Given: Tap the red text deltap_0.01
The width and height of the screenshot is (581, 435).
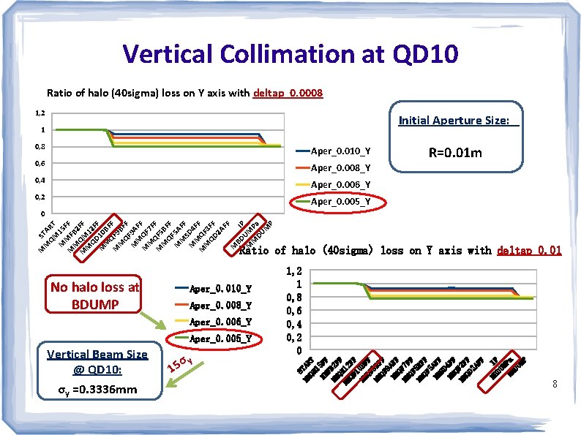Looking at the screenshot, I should point(529,251).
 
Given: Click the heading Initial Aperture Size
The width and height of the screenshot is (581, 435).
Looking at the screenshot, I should point(457,121).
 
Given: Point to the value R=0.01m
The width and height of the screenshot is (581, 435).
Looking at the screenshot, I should point(457,154).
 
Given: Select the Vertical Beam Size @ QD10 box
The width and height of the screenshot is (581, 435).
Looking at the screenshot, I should point(97,360).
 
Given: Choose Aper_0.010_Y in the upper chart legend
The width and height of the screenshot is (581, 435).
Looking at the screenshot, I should point(340,151).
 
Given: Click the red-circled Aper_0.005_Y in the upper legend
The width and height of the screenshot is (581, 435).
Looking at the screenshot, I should point(340,202).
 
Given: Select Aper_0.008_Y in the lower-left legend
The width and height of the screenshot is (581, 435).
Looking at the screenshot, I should point(220,306).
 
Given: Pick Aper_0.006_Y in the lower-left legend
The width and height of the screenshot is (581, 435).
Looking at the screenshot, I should point(220,322).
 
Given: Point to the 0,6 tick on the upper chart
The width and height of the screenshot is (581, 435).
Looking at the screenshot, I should point(41,164).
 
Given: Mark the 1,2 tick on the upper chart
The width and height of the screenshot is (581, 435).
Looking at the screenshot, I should point(41,113).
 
